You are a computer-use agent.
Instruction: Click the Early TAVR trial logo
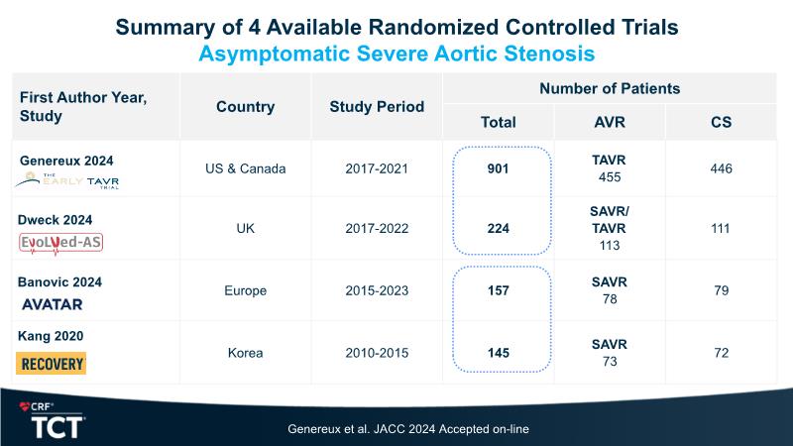coord(67,179)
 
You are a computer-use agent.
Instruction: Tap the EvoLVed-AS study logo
coord(60,243)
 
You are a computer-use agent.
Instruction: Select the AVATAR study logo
coord(53,304)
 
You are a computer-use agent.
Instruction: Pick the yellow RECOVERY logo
coord(52,364)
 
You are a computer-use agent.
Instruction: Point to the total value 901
coord(498,168)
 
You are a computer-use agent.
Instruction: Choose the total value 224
coord(498,229)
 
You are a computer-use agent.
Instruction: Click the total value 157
coord(498,290)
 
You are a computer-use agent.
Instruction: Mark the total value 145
coord(498,352)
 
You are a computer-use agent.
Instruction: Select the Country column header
coord(245,106)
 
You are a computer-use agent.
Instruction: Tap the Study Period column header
coord(377,106)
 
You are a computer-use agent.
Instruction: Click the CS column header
coord(721,122)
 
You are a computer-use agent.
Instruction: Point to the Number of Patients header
coord(609,88)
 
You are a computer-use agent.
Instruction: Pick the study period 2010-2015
coord(377,352)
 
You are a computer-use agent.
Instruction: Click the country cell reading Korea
coord(245,352)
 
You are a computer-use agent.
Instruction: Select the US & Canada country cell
coord(245,168)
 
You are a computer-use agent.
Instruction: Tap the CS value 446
coord(721,168)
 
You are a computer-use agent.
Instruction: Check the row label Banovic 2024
coord(60,281)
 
